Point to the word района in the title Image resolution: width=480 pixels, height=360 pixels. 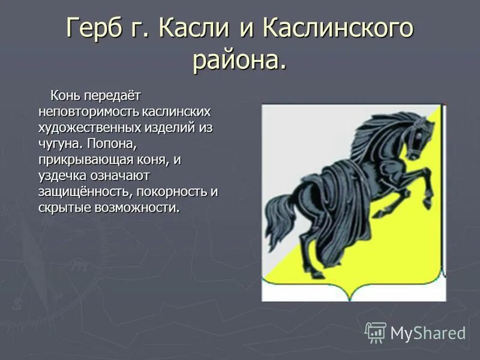tap(236, 60)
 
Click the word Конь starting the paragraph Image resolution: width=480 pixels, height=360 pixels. tap(65, 96)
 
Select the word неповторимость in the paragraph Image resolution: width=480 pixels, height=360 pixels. tap(89, 112)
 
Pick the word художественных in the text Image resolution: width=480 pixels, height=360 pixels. tap(89, 128)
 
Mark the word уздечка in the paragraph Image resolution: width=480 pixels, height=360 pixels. tap(63, 176)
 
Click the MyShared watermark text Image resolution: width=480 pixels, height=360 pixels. tap(428, 333)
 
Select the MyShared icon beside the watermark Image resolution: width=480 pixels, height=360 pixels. tap(376, 332)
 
